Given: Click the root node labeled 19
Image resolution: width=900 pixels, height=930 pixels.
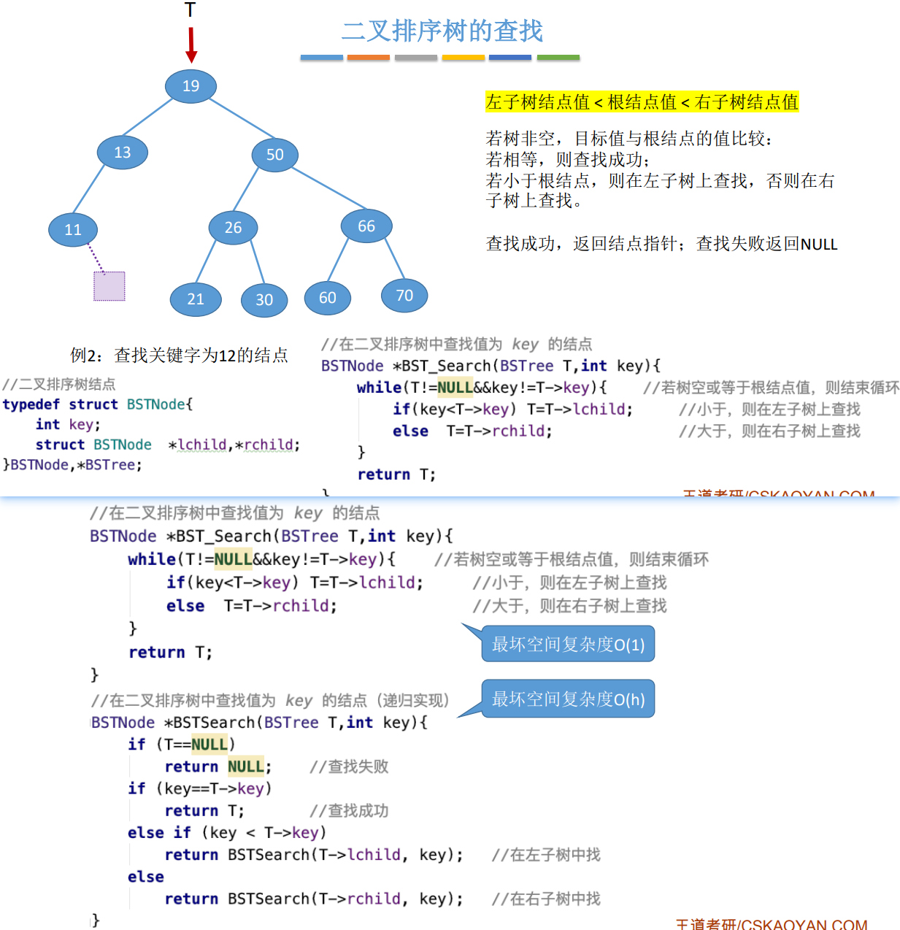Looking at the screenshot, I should [191, 86].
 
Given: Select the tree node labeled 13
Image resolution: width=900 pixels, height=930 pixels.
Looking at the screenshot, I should [123, 153].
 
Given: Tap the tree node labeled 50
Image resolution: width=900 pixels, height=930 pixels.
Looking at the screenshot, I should [274, 155].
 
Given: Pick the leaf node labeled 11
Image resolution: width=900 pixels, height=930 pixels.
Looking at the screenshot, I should [73, 230].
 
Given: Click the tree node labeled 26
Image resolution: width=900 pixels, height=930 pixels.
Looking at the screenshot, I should [233, 228].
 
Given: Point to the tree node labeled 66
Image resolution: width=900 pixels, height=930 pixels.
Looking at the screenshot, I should [366, 226].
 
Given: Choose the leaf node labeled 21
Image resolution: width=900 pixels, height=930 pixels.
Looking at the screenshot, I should [196, 299].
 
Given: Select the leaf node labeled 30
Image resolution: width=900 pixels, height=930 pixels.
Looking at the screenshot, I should [264, 300].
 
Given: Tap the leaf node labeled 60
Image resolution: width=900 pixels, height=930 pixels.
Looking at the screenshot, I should [328, 298].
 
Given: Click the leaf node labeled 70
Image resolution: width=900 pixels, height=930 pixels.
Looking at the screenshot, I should [404, 295].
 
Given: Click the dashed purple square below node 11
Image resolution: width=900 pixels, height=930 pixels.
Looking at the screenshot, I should [109, 286].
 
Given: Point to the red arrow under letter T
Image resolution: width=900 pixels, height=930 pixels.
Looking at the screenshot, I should [191, 45].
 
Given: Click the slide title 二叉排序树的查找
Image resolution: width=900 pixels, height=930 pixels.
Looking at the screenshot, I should [442, 31].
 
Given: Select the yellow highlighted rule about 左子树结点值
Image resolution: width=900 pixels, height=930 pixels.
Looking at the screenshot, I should [642, 102].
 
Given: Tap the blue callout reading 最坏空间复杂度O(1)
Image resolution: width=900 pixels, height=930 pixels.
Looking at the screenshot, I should [568, 645].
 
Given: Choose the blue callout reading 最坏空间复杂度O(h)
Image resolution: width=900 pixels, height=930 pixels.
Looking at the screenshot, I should [568, 699].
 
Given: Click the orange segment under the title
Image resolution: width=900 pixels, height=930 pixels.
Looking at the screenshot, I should [369, 57].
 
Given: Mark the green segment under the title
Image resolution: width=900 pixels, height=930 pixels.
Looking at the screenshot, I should [558, 57].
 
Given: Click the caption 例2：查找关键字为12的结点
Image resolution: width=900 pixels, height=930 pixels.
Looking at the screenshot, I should [179, 356].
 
